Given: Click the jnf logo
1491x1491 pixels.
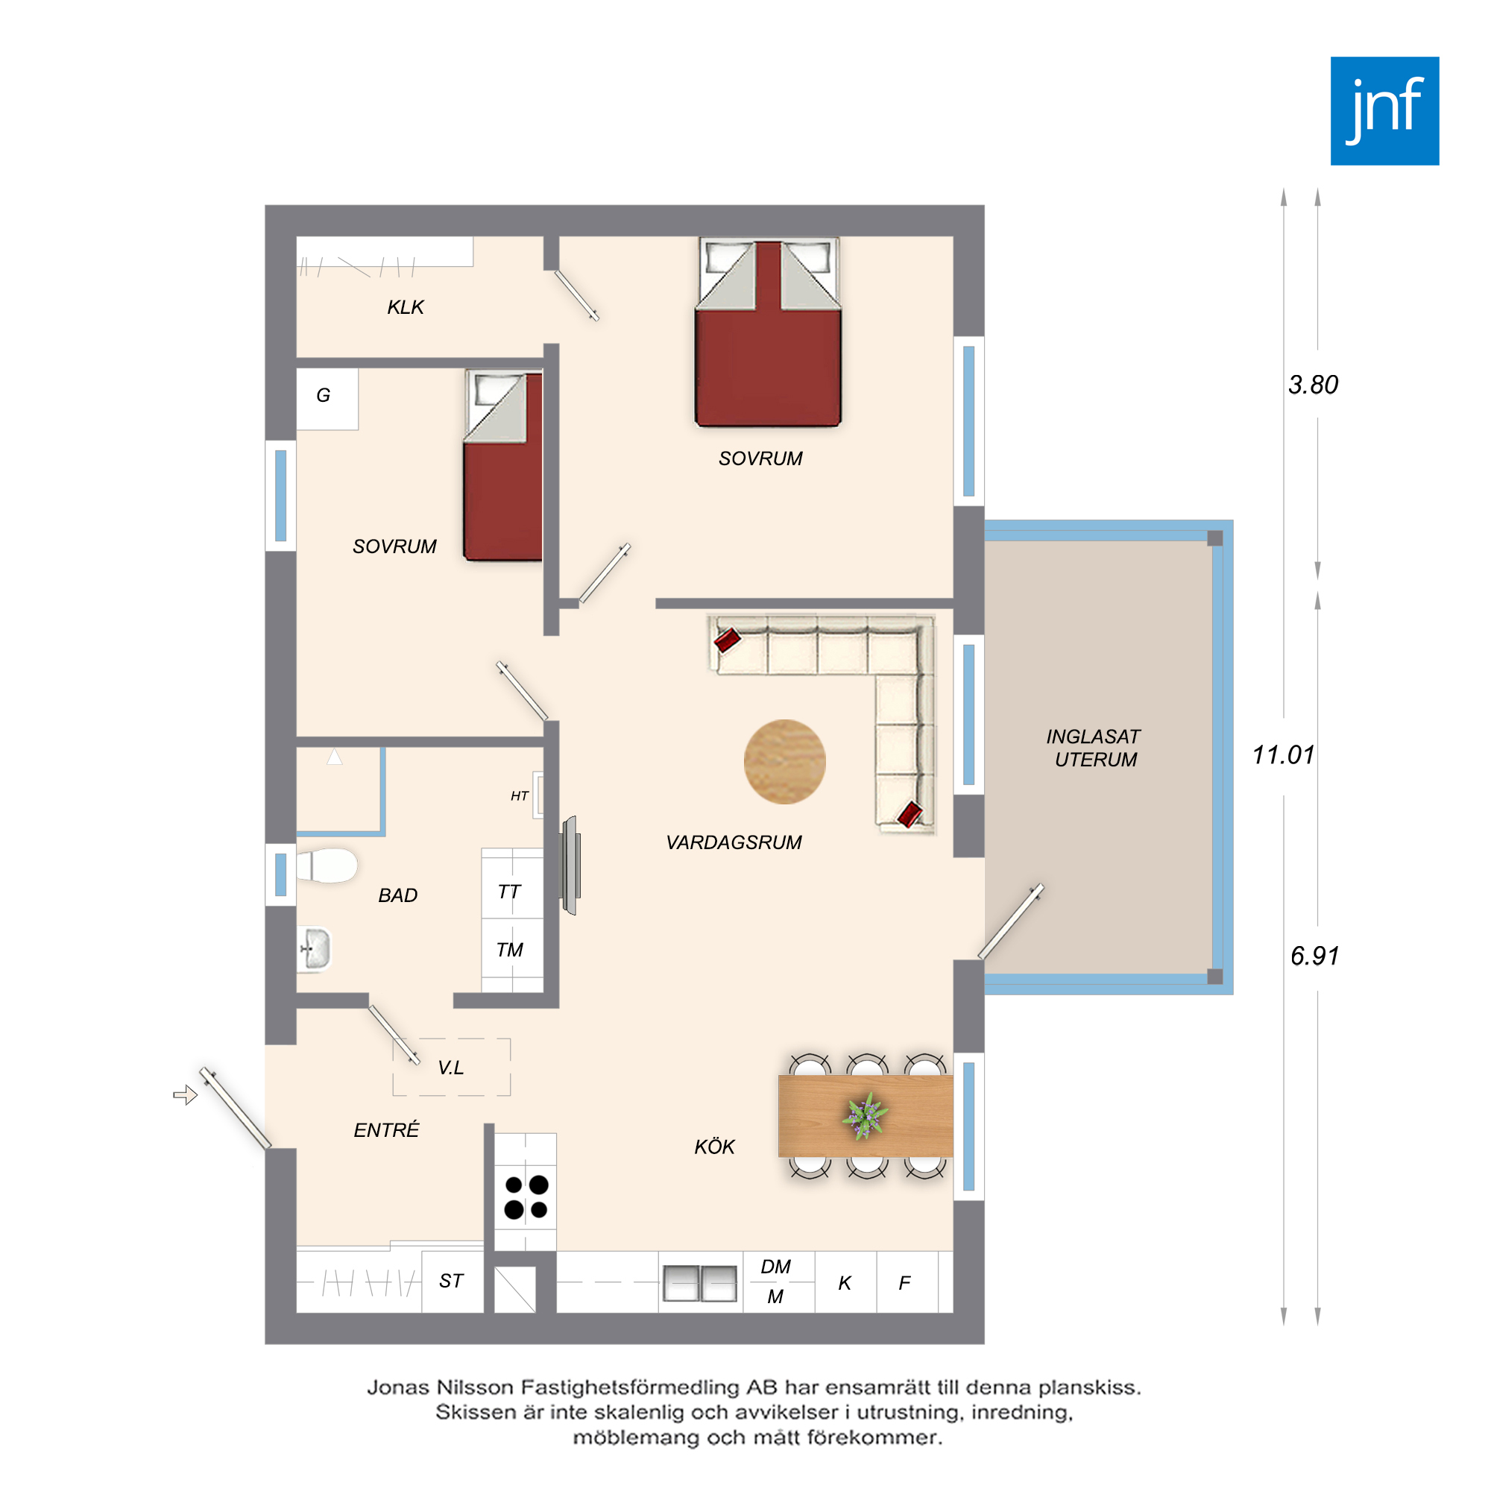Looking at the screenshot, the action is [1384, 110].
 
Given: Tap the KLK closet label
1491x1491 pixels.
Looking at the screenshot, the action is [405, 307].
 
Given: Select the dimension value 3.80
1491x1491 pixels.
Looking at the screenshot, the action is [1313, 385].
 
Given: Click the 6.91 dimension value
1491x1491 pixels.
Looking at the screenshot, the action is [1314, 956].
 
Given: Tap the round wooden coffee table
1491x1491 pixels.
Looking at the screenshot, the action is [785, 762].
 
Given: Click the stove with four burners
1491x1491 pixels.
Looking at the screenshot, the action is [526, 1197].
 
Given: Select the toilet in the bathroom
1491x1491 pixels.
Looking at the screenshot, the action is [327, 865].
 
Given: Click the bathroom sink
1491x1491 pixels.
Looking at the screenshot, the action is [314, 948].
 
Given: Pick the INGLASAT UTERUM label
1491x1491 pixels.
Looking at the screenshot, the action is [1094, 748].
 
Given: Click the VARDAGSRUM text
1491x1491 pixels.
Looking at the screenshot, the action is [734, 842].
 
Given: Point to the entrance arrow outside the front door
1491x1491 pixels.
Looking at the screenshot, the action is [185, 1095].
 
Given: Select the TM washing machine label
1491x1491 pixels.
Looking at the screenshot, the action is [509, 950].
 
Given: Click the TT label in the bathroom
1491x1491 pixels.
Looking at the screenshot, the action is [509, 892].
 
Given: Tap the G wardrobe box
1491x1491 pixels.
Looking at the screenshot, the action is [327, 398].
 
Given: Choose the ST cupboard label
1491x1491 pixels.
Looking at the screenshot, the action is [452, 1281].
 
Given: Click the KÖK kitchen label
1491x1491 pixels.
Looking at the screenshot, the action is [715, 1147].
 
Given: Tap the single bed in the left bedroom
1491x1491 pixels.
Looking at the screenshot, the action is [502, 465].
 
